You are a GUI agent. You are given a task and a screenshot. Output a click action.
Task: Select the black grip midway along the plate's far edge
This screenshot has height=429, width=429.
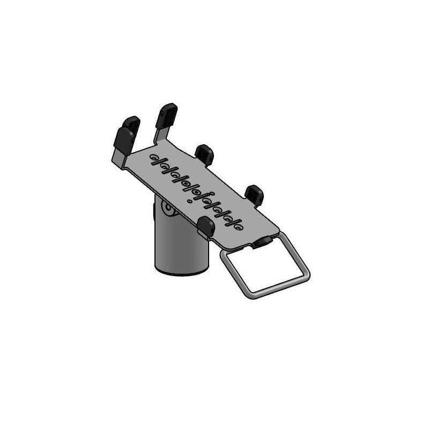point(204,154)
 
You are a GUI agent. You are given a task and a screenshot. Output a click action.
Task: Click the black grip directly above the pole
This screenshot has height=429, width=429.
point(206,226)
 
